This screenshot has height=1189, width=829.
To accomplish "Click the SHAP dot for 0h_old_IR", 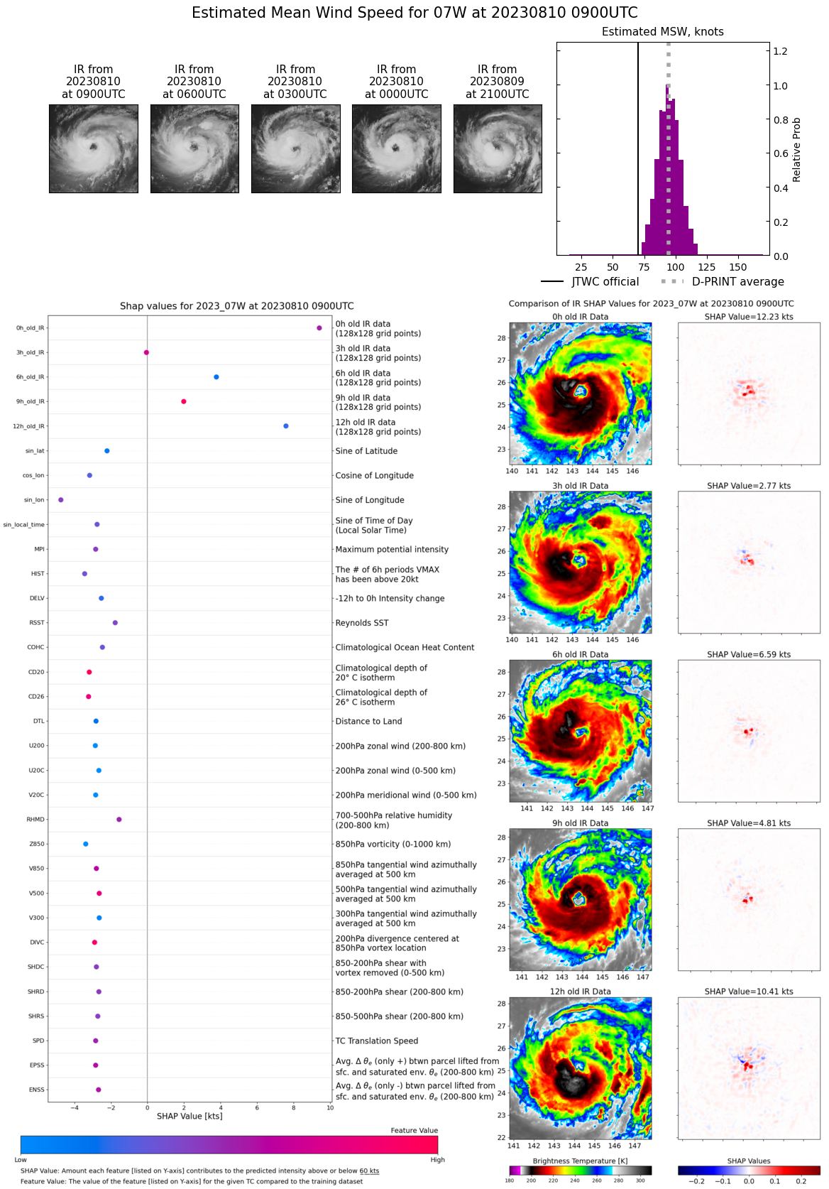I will (x=319, y=328).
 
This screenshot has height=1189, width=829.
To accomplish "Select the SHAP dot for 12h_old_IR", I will (x=286, y=426).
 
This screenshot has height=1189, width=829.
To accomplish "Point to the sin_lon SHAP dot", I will (x=61, y=500).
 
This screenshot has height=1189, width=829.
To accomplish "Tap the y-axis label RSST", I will (x=37, y=623).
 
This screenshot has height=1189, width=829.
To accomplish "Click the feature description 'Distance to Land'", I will (x=368, y=722).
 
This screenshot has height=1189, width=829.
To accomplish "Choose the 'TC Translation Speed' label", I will (x=376, y=1041).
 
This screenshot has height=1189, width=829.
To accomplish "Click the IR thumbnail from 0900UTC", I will (x=94, y=148).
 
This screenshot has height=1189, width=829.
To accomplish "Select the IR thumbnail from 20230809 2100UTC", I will (x=498, y=148).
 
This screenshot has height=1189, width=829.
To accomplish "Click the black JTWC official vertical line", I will (x=637, y=149).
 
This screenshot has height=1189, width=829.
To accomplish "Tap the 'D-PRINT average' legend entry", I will (x=737, y=282).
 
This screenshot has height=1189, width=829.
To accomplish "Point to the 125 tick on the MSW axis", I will (x=706, y=267).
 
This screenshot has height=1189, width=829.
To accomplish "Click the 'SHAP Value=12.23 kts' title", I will (x=749, y=317).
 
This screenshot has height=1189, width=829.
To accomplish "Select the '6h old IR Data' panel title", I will (x=580, y=655).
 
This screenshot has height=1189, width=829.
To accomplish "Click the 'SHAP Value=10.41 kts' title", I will (x=749, y=992).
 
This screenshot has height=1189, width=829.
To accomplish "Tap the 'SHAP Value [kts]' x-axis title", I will (x=190, y=1117).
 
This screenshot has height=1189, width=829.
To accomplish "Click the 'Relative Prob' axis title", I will (x=796, y=149).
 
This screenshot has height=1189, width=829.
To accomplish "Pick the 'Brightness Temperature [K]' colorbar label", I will (x=580, y=1161).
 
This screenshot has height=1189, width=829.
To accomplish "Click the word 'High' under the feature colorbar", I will (x=437, y=1160).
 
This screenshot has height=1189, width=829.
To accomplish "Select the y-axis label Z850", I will (x=37, y=845).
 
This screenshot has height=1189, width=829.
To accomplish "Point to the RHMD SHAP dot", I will (x=119, y=820).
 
